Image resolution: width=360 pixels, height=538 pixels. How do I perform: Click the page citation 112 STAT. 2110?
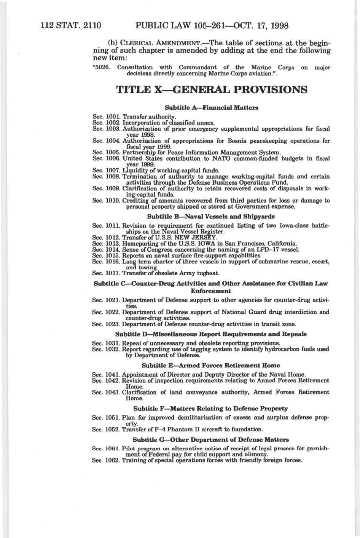pos(71,26)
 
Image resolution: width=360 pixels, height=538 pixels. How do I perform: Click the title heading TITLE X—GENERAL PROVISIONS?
pos(211,90)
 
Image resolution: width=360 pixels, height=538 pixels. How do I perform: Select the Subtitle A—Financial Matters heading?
pos(212,108)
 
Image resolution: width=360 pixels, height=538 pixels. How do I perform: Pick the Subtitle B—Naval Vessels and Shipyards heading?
pos(211,217)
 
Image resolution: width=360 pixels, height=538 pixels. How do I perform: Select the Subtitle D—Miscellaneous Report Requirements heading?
pos(211,334)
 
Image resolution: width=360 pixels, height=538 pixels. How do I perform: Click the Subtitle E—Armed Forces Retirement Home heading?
pos(211,366)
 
